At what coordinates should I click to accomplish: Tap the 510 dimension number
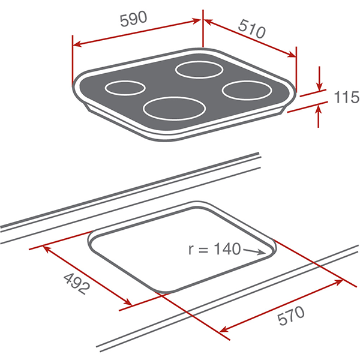click(x=252, y=29)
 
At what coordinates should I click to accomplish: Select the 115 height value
click(x=347, y=97)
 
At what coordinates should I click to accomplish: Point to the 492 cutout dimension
click(x=77, y=284)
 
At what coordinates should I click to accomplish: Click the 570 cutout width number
click(x=291, y=315)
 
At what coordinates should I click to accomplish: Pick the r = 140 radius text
click(x=214, y=249)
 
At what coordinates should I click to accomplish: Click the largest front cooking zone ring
click(x=174, y=109)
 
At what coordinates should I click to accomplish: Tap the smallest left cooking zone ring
click(x=125, y=88)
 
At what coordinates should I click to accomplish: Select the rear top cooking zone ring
click(x=199, y=70)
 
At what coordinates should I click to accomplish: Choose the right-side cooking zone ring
click(x=247, y=90)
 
